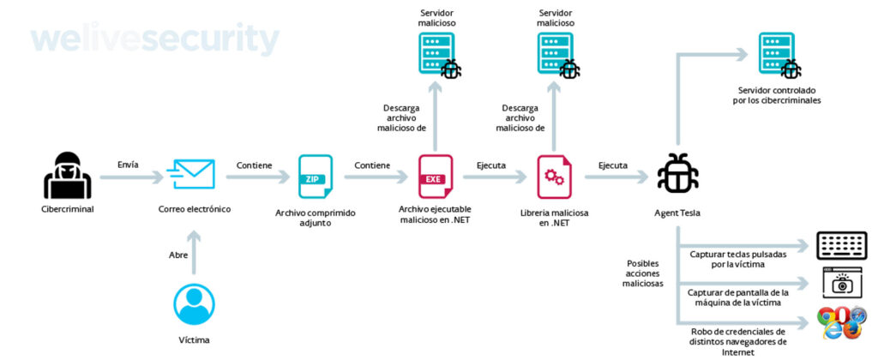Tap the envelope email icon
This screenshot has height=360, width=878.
(x=193, y=175)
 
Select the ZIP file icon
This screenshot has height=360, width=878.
(x=316, y=176)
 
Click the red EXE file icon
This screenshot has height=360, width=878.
(x=434, y=176)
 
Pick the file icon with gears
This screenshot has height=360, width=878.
(x=555, y=176)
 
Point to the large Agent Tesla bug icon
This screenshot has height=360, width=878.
(x=677, y=175)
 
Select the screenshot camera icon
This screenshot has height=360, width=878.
(x=842, y=283)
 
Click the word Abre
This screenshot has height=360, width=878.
(x=179, y=253)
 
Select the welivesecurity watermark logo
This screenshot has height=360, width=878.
(x=154, y=39)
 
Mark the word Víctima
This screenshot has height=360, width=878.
(x=194, y=340)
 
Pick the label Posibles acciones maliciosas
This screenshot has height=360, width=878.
(x=643, y=273)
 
